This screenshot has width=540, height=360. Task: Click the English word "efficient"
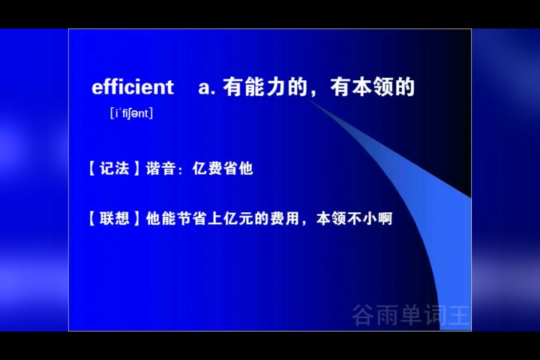tap(133, 87)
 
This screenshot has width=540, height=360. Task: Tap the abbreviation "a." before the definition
tap(207, 88)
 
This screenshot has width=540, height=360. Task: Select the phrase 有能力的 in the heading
tap(265, 87)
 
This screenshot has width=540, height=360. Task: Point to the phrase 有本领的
tap(372, 87)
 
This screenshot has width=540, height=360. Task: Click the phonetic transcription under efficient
tap(131, 113)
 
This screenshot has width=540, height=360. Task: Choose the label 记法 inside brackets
tap(114, 169)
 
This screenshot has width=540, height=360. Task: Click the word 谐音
tap(160, 169)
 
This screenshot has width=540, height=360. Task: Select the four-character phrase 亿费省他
tap(223, 169)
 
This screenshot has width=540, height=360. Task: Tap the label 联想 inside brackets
tap(114, 218)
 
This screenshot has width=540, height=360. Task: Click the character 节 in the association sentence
tap(184, 218)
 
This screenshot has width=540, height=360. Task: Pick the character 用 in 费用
tap(292, 218)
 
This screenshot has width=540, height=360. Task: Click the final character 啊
tap(385, 218)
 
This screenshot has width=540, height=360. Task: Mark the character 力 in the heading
tap(274, 87)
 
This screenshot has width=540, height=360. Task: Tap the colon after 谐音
tap(180, 170)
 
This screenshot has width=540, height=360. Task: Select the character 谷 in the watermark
tap(364, 315)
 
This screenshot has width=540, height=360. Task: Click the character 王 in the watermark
tap(459, 315)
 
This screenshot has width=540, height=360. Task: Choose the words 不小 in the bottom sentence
tap(361, 218)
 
